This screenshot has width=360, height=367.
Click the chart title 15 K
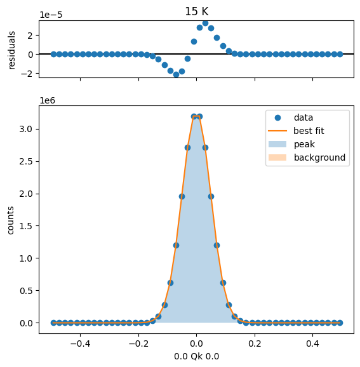[x=196, y=11]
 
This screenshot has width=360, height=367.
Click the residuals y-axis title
[x=11, y=50]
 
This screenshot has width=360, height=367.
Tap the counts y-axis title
[x=10, y=220]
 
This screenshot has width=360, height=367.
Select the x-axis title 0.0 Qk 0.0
[x=196, y=356]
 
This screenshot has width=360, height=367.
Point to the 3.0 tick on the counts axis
[x=26, y=129]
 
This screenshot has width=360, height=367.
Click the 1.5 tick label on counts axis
[x=26, y=226]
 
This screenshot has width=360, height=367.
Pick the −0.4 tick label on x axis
[x=80, y=344]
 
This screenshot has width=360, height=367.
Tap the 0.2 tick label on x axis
[x=255, y=344]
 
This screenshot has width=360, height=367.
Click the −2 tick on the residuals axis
[x=27, y=74]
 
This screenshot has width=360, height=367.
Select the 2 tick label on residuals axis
[x=30, y=36]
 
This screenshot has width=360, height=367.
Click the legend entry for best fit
[x=296, y=131]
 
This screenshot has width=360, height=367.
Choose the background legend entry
[x=307, y=157]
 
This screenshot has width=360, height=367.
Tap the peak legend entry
[x=291, y=144]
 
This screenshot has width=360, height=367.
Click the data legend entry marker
[x=277, y=117]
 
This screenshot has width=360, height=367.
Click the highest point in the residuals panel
[x=205, y=23]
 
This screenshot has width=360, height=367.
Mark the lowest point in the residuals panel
[x=176, y=75]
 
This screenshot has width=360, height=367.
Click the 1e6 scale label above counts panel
[x=47, y=100]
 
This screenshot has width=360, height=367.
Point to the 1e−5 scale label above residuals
[x=51, y=15]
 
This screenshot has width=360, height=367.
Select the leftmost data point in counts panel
[x=53, y=323]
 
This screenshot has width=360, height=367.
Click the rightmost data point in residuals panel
[x=340, y=55]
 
